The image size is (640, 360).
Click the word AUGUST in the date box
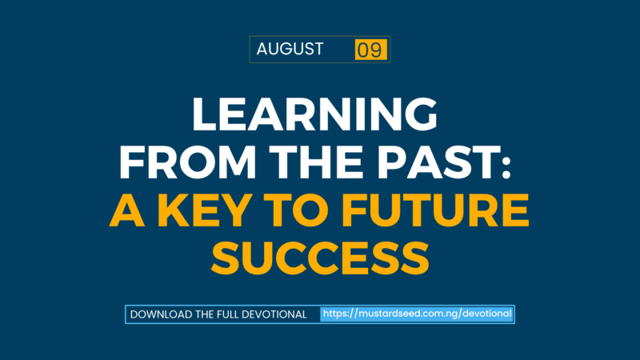pyautogui.click(x=290, y=50)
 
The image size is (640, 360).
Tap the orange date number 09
pyautogui.click(x=370, y=50)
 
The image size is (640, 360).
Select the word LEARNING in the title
pyautogui.click(x=314, y=116)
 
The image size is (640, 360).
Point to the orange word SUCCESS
pyautogui.click(x=319, y=257)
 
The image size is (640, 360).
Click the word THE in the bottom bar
pyautogui.click(x=206, y=314)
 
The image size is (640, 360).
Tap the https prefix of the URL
pyautogui.click(x=338, y=314)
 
